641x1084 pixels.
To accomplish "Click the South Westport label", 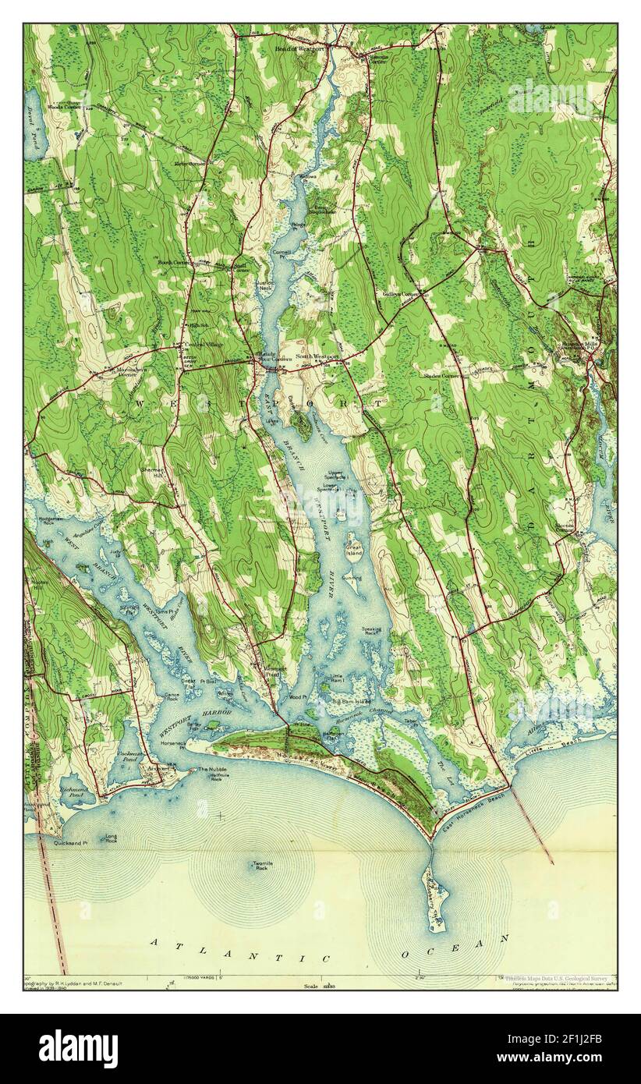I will pyautogui.click(x=317, y=356).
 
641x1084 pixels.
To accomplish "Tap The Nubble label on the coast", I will pyautogui.click(x=213, y=770).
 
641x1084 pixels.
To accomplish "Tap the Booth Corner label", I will pyautogui.click(x=174, y=263).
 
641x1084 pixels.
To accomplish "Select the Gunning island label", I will pyautogui.click(x=351, y=578).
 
